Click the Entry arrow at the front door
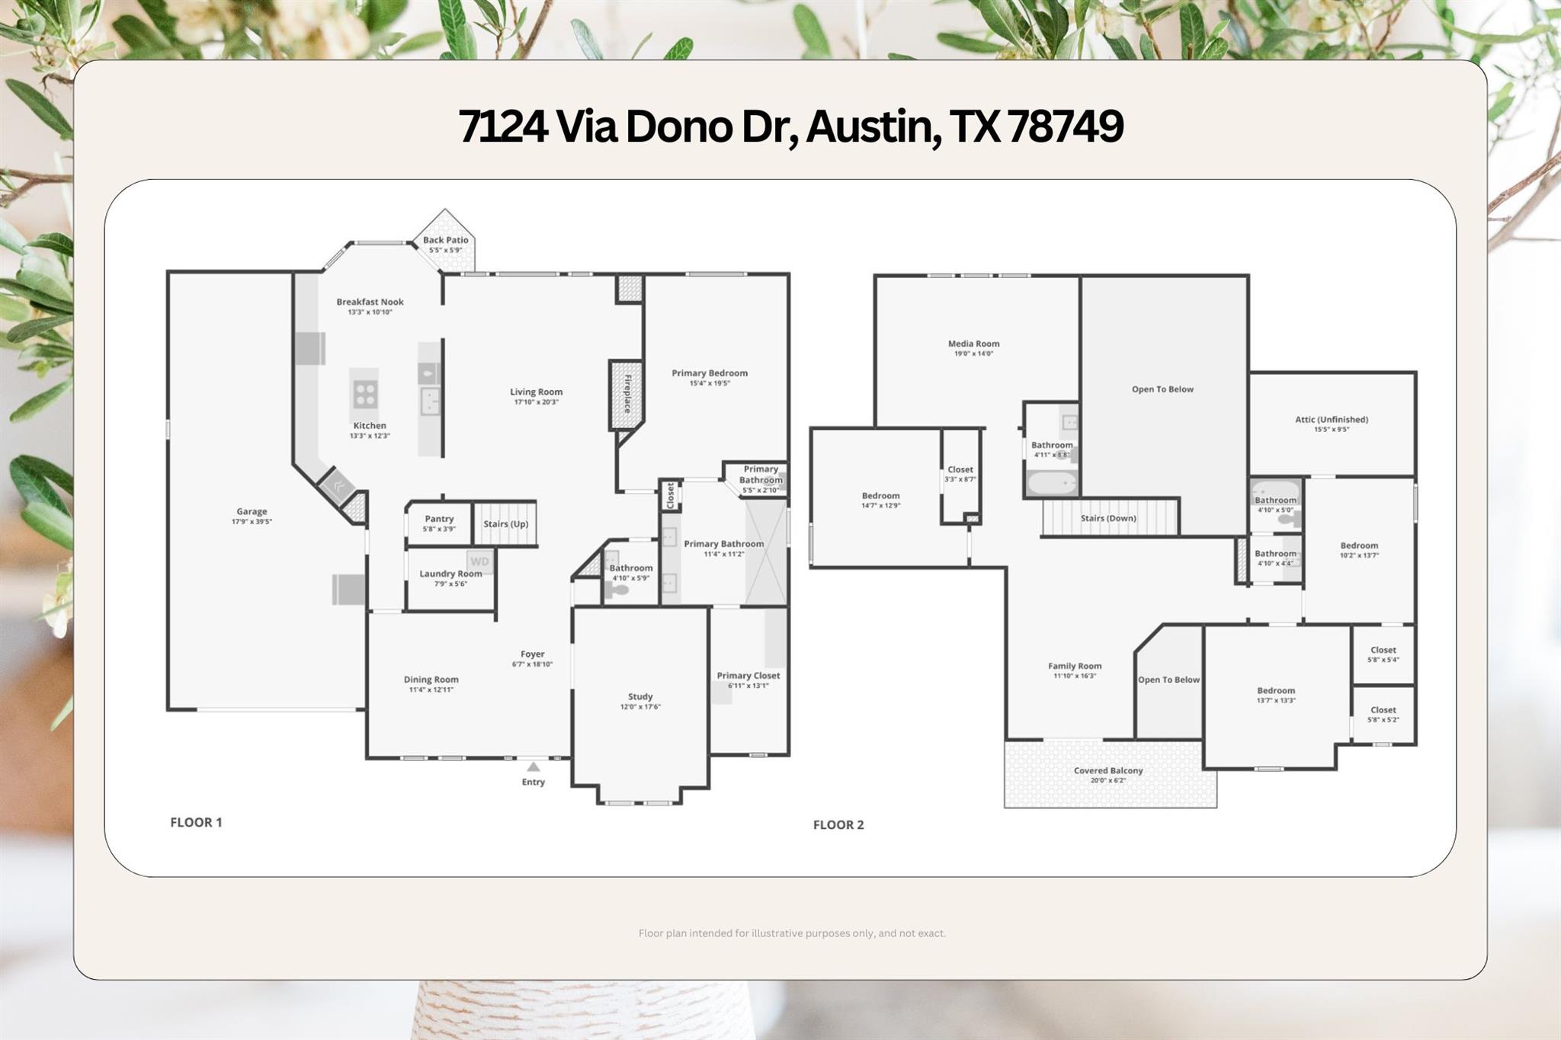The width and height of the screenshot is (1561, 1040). pyautogui.click(x=534, y=767)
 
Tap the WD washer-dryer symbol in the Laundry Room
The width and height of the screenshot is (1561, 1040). pyautogui.click(x=479, y=562)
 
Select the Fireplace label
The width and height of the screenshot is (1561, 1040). pyautogui.click(x=627, y=394)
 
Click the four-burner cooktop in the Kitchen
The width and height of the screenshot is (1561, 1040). pyautogui.click(x=365, y=394)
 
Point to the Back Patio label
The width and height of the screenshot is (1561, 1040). pyautogui.click(x=446, y=240)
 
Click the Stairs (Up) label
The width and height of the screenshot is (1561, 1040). pyautogui.click(x=505, y=524)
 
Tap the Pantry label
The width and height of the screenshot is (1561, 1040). pyautogui.click(x=439, y=519)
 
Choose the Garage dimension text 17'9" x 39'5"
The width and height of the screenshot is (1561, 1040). pyautogui.click(x=252, y=522)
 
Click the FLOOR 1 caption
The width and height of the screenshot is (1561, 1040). pyautogui.click(x=196, y=822)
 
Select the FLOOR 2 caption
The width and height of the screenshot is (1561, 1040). pyautogui.click(x=838, y=824)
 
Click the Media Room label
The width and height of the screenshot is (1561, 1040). pyautogui.click(x=973, y=344)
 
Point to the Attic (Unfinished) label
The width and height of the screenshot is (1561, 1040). pyautogui.click(x=1332, y=419)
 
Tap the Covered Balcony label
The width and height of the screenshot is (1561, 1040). pyautogui.click(x=1108, y=770)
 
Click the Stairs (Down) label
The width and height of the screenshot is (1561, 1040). pyautogui.click(x=1108, y=518)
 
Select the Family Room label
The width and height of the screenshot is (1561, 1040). pyautogui.click(x=1075, y=666)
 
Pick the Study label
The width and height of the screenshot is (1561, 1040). pyautogui.click(x=640, y=696)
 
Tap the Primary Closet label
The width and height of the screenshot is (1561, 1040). pyautogui.click(x=748, y=676)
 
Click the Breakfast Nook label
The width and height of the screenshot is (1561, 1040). pyautogui.click(x=370, y=302)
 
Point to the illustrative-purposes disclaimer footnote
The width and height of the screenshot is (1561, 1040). pyautogui.click(x=792, y=933)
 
